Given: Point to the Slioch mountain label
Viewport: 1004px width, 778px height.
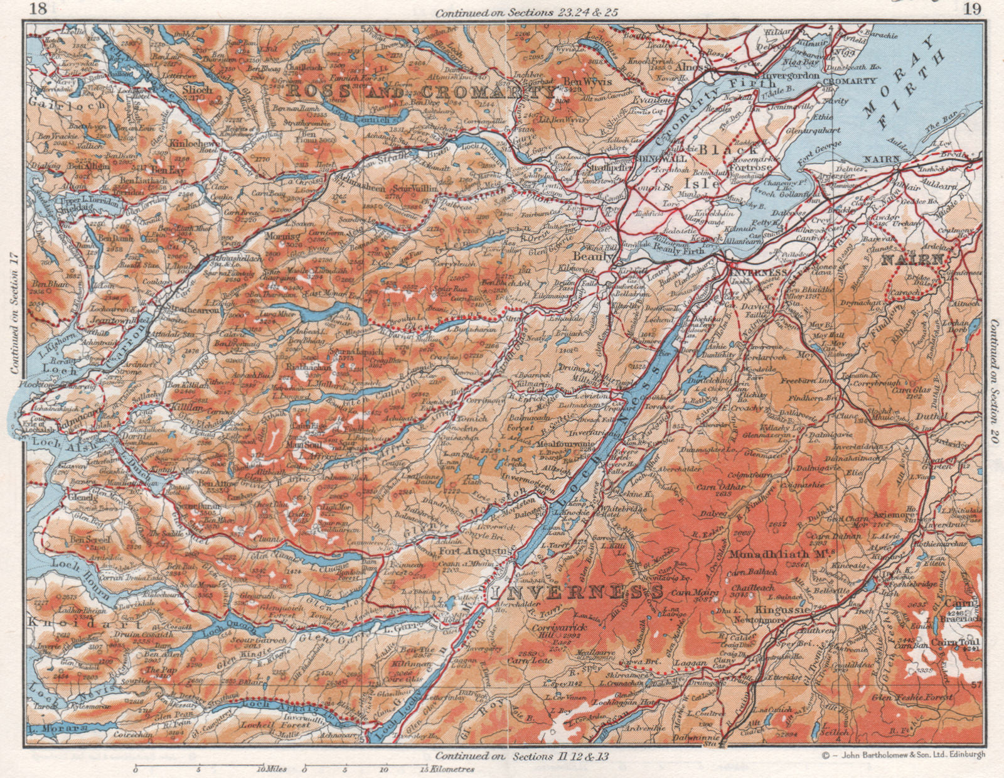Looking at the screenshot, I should tap(196, 90).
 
